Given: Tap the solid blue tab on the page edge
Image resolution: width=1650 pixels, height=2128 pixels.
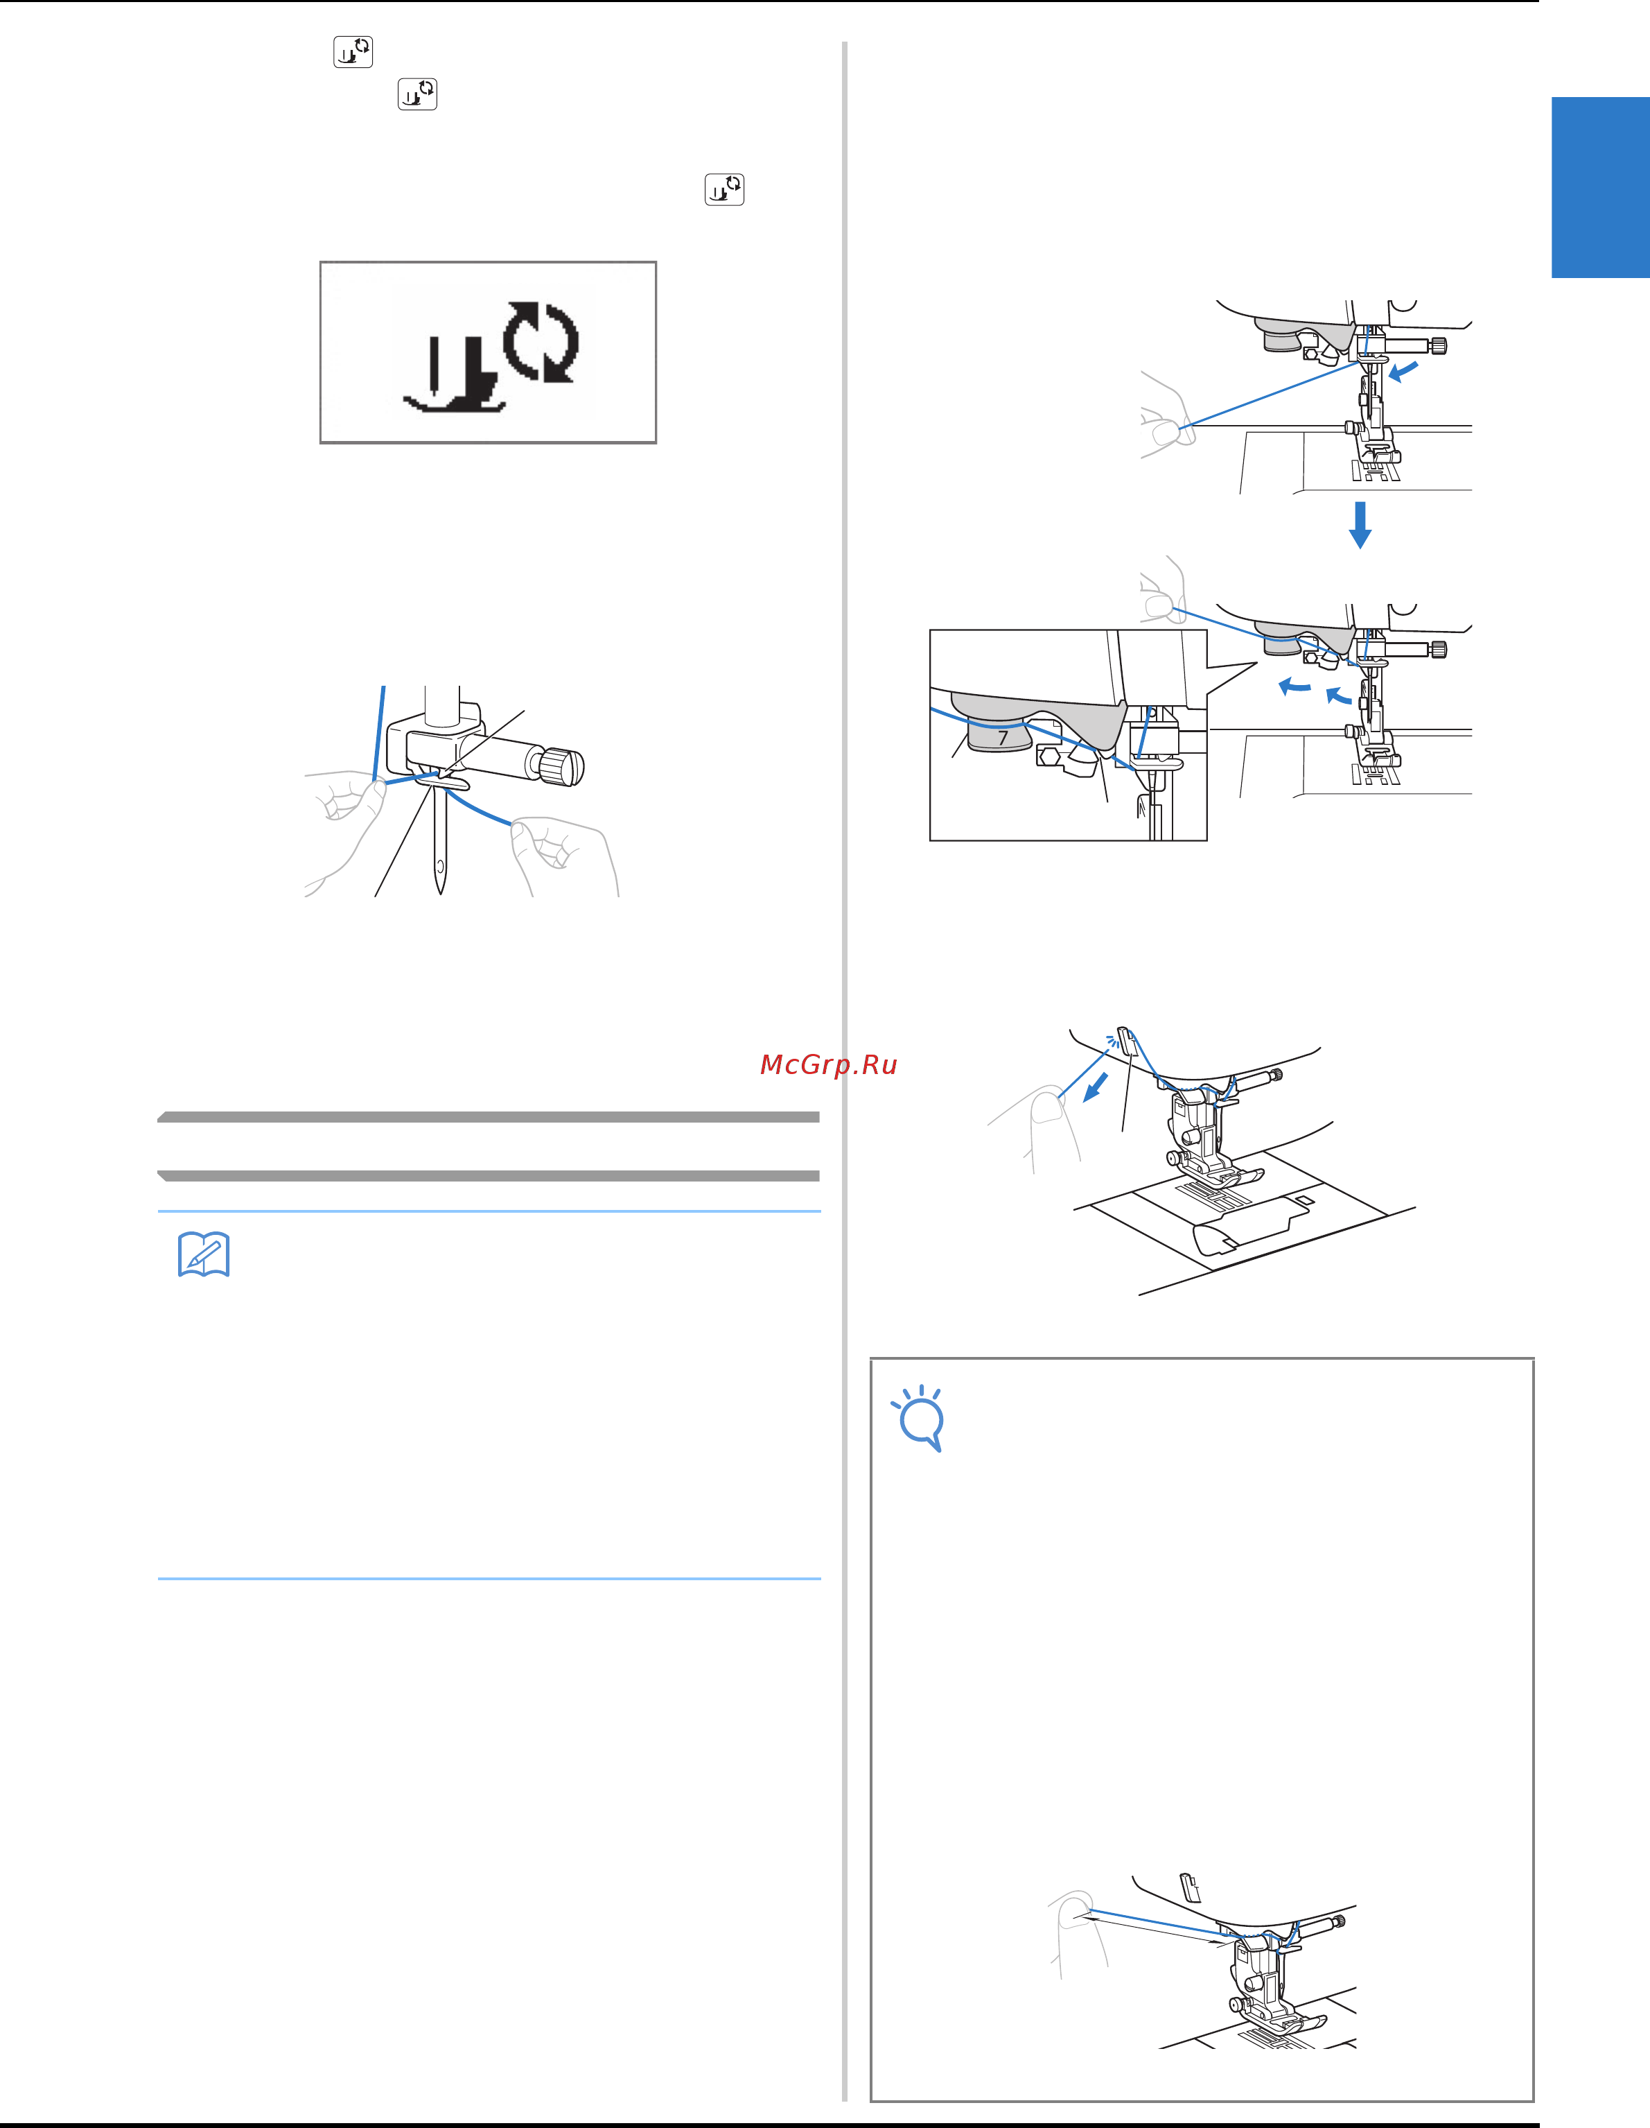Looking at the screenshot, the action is point(1600,187).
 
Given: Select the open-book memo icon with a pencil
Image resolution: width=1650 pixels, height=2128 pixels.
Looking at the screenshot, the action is point(204,1254).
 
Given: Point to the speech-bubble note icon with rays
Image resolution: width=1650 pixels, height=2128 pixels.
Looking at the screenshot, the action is point(918,1418).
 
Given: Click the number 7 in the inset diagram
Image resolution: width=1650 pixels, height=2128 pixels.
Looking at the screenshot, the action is point(1002,738).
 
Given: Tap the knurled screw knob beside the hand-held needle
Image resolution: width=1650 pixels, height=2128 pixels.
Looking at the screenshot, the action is point(562,767).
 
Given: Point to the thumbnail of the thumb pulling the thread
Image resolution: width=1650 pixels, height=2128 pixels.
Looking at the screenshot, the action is point(1048,1108).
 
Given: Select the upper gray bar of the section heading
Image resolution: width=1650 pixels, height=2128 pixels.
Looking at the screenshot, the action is point(488,1116).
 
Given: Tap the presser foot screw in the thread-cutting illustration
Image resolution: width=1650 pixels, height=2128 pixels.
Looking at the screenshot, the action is point(1174,1157).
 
